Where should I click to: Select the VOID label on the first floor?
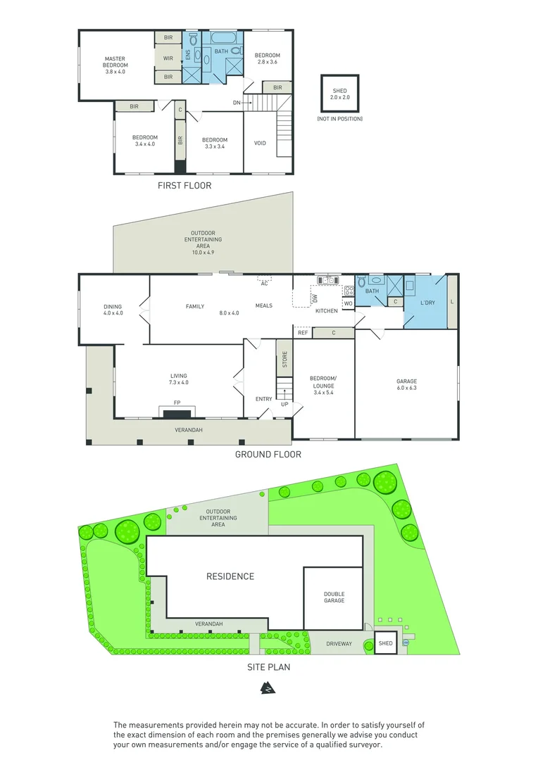(260, 144)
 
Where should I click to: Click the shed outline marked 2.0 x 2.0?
(339, 94)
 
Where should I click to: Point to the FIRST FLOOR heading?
(184, 186)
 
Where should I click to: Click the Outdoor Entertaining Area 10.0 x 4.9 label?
(203, 242)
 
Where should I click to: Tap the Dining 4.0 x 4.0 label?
(113, 310)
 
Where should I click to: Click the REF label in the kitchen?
(302, 332)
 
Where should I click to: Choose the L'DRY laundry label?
(427, 302)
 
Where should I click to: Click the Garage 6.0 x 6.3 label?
(406, 384)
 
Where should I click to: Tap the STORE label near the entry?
(284, 360)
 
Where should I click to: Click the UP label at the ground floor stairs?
(284, 405)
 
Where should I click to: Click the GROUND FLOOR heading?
(268, 455)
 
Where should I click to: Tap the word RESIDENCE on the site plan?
(230, 576)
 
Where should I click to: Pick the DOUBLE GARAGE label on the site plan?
(334, 597)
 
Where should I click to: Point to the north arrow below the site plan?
(268, 688)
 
